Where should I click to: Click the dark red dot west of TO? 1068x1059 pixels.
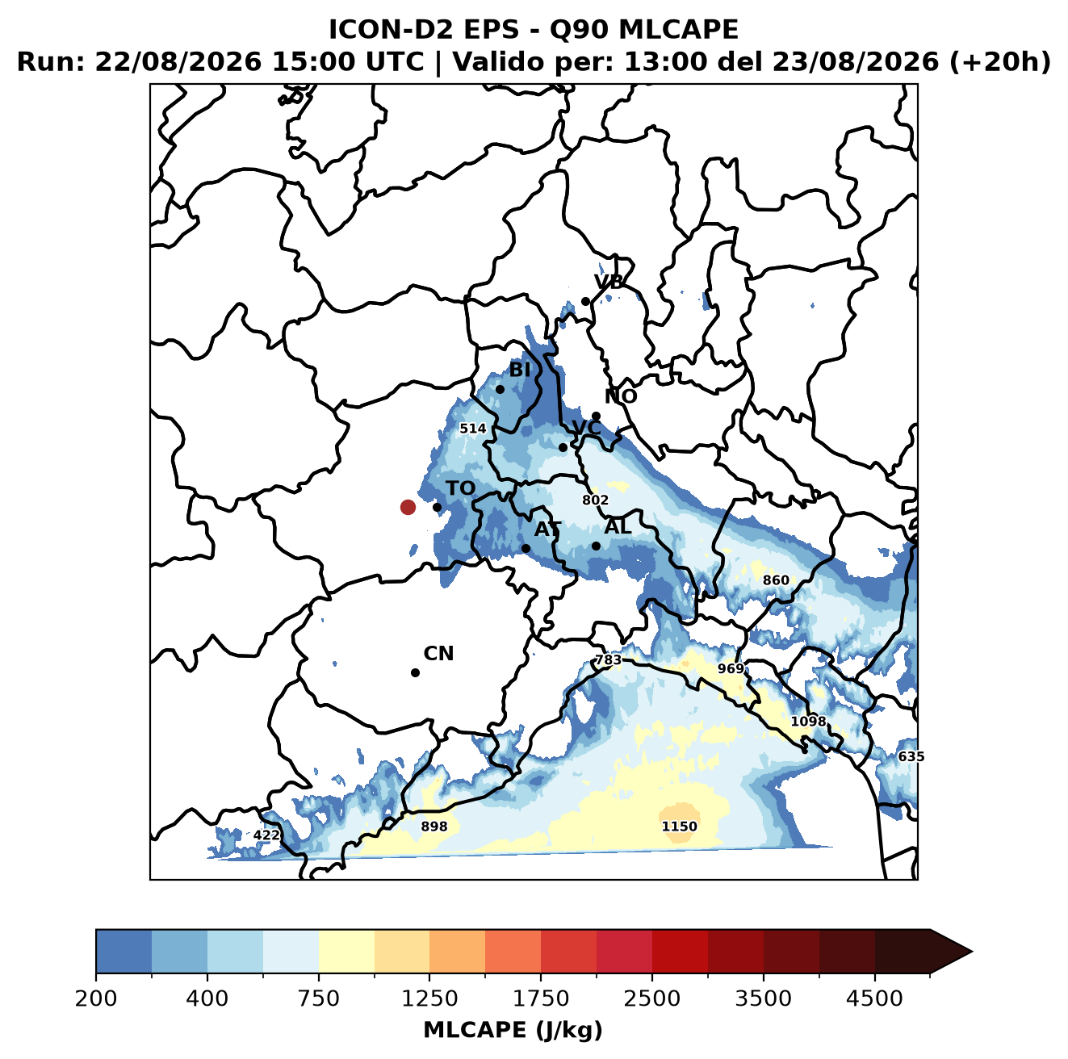click(408, 507)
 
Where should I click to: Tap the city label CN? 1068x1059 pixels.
click(438, 654)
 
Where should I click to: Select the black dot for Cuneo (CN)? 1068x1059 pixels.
click(415, 672)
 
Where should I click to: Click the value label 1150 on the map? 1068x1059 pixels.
click(680, 827)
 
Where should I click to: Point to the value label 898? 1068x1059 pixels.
click(434, 827)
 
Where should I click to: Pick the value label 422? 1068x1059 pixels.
click(266, 835)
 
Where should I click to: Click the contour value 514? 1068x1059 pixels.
click(473, 429)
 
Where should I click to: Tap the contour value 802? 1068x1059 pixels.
click(595, 500)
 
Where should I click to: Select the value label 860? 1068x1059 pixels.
click(776, 580)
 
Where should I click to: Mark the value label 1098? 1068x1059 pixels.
click(808, 721)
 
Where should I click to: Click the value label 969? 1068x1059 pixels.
click(731, 668)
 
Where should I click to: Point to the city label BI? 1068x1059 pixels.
click(520, 370)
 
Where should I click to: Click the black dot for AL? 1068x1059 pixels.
click(596, 546)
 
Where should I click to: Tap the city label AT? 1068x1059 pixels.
click(547, 529)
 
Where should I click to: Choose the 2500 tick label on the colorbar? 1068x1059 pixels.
click(651, 998)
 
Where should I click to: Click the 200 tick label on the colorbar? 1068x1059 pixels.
click(96, 998)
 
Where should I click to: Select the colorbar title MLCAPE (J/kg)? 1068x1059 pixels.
click(513, 1030)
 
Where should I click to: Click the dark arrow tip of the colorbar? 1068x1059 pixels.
click(972, 952)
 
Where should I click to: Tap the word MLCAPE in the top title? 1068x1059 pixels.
click(678, 29)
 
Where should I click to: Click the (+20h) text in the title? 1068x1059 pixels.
click(1000, 62)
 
